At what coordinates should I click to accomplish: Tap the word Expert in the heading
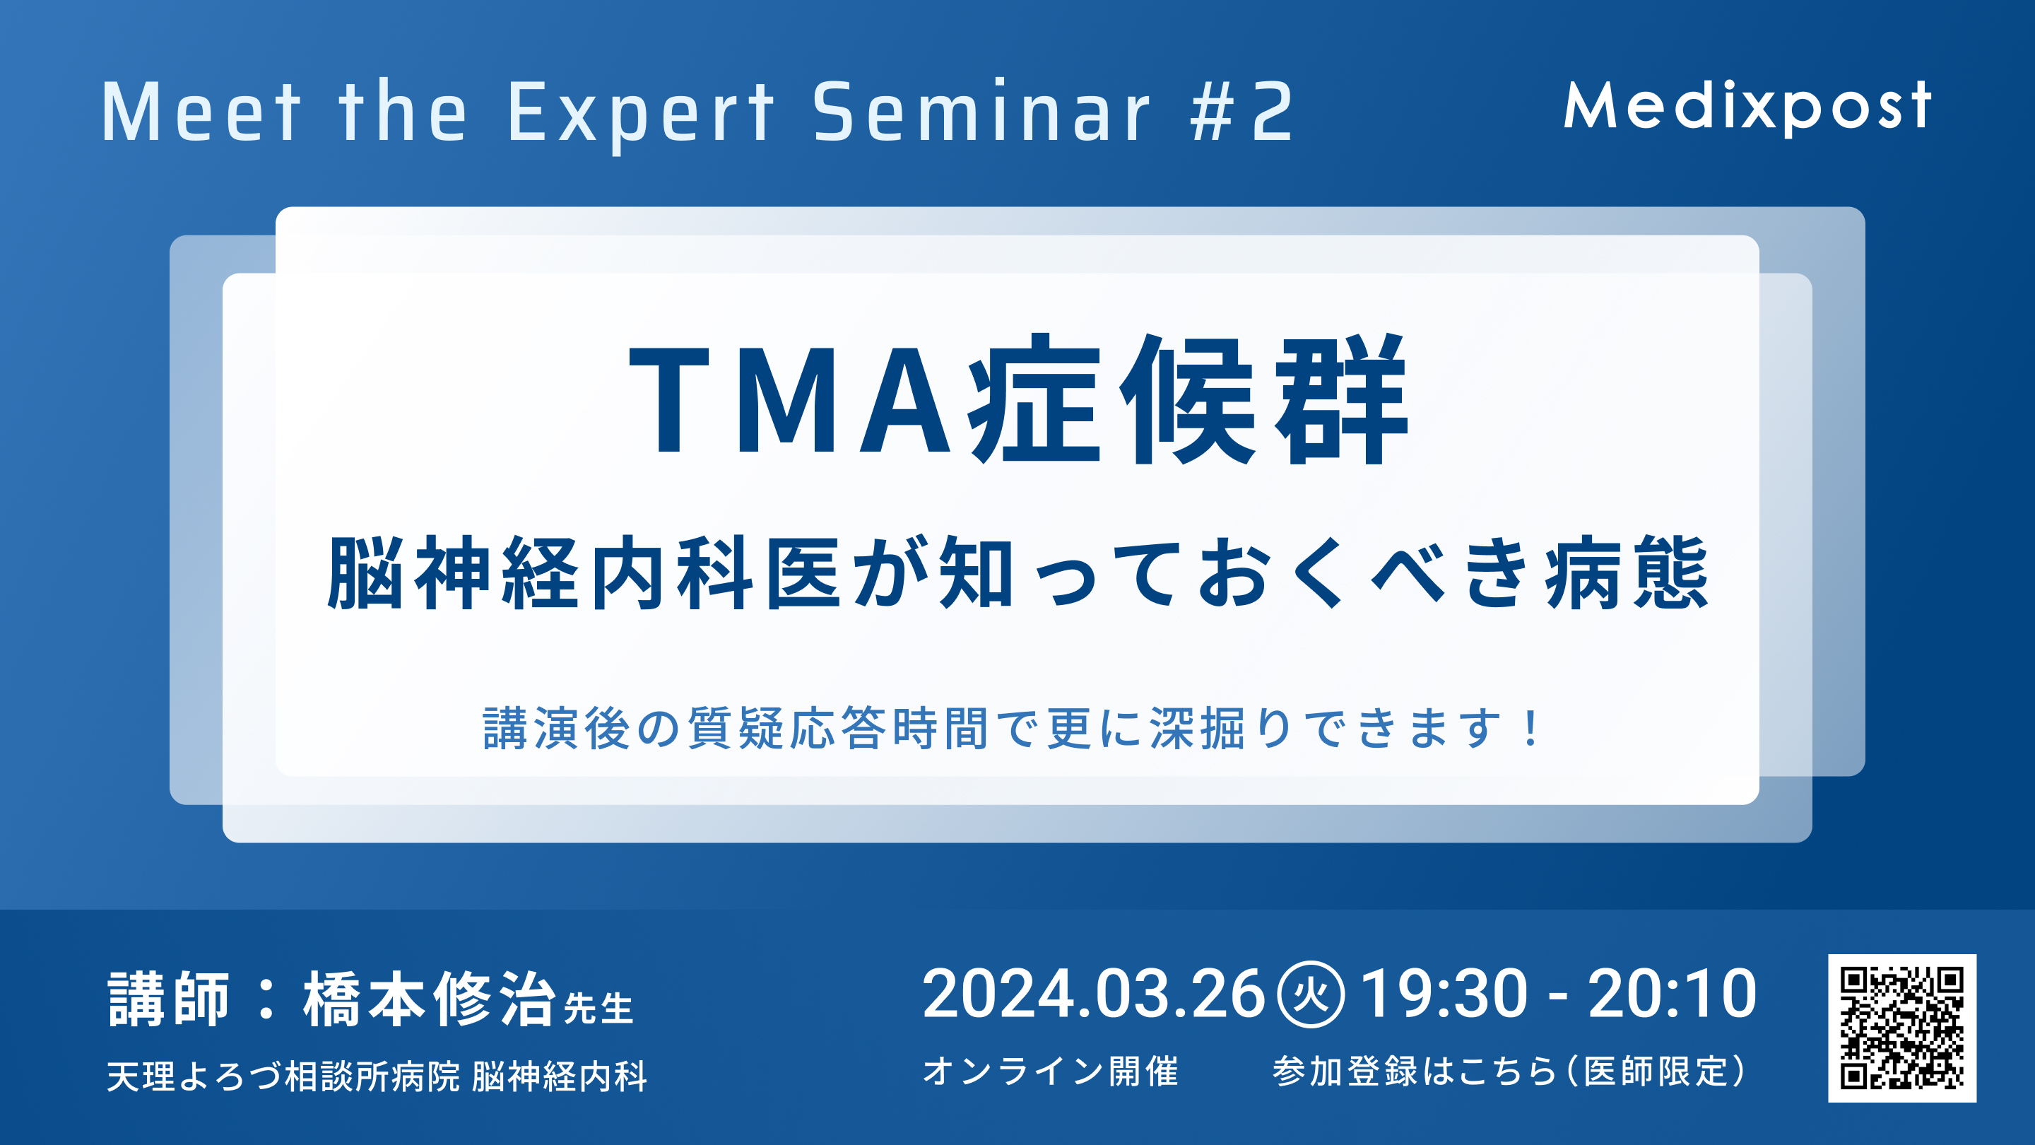point(641,114)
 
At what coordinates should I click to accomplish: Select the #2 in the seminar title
point(1242,112)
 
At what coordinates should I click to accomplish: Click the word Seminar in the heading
point(982,111)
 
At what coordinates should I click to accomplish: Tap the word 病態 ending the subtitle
point(1627,572)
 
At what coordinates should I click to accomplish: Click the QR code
point(1902,1028)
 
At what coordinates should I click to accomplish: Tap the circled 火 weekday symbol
point(1311,994)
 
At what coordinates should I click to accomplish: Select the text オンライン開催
point(1051,1071)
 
